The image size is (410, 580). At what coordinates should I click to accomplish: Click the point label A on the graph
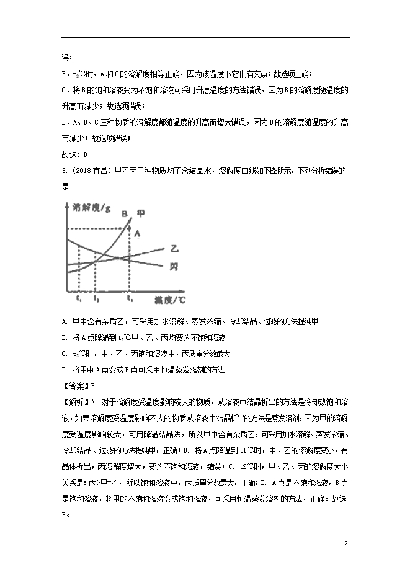click(x=138, y=233)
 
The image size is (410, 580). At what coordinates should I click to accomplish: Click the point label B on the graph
click(x=125, y=215)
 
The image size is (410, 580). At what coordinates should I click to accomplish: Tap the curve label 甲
click(x=141, y=213)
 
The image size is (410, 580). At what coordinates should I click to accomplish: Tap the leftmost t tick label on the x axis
click(x=79, y=299)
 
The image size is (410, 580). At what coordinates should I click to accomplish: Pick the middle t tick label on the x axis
click(x=96, y=299)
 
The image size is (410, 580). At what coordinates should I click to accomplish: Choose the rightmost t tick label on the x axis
click(x=130, y=299)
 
